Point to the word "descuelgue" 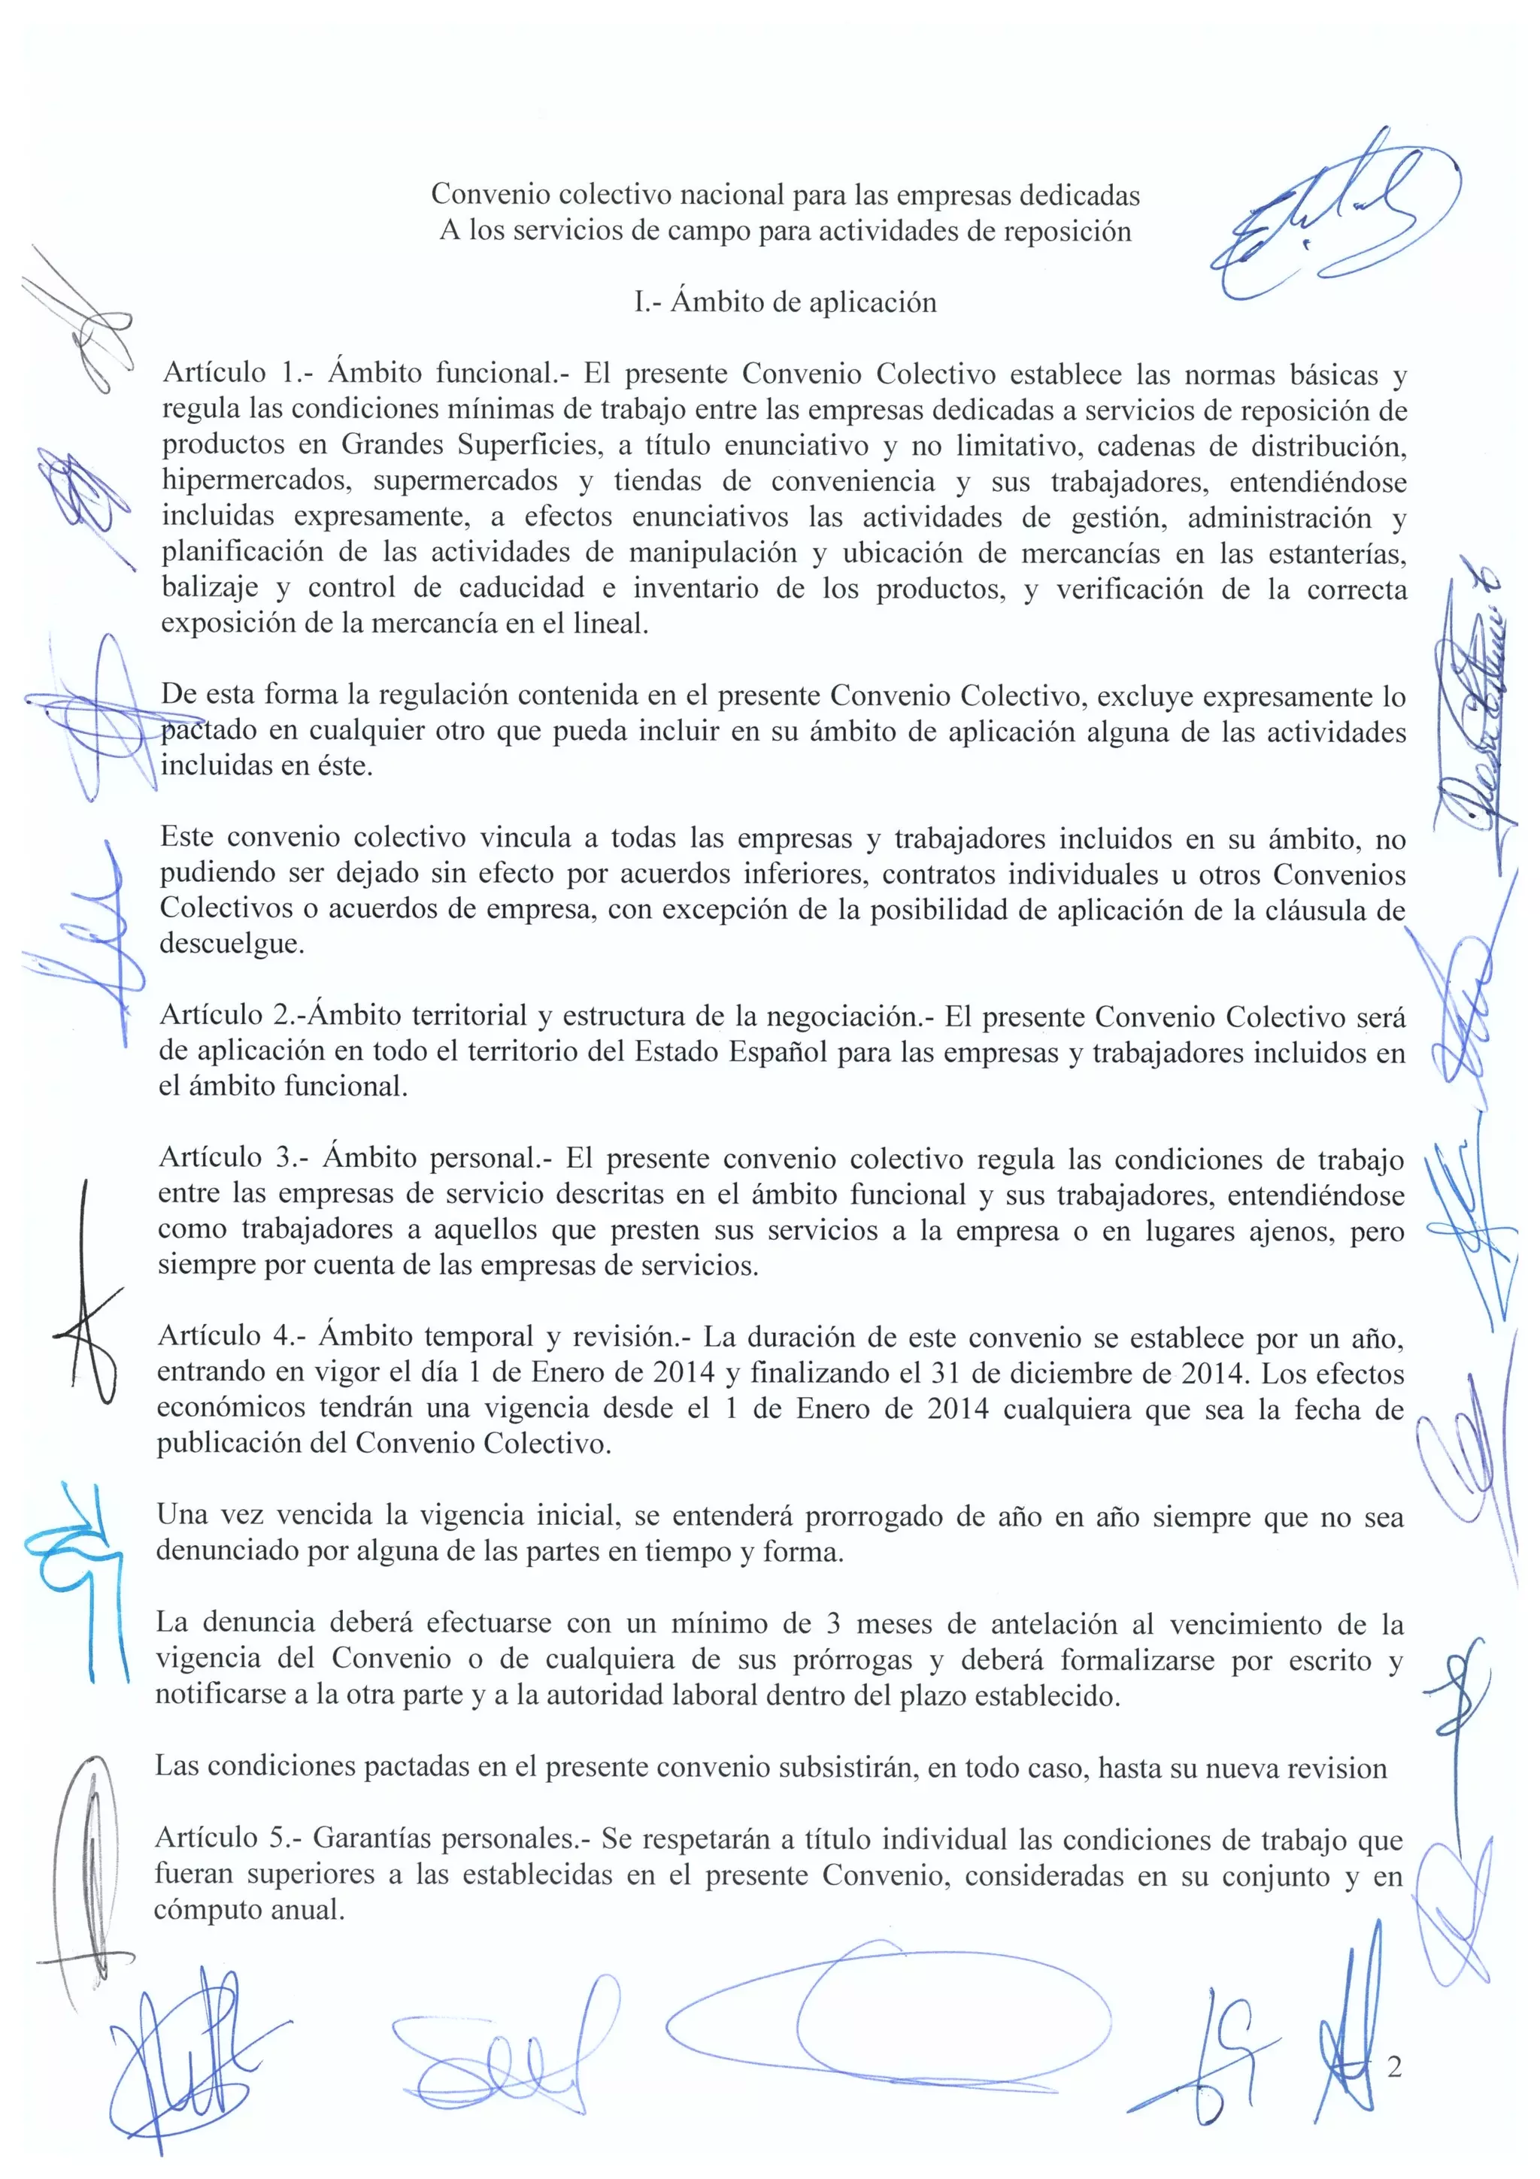(231, 944)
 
